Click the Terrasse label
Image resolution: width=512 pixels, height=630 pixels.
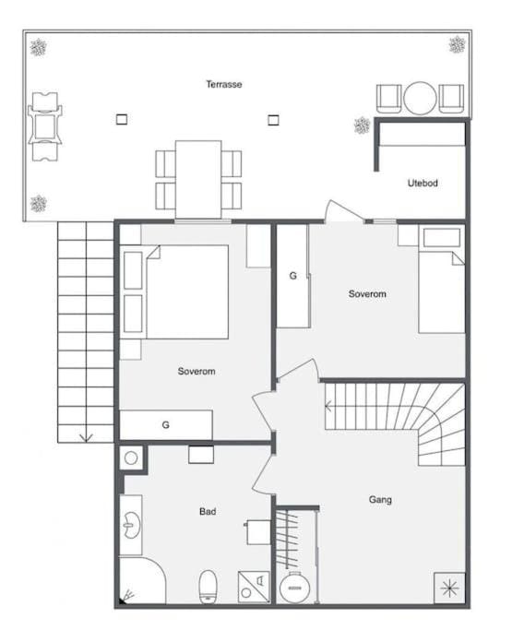click(224, 84)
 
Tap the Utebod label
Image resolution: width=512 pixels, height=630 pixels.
click(423, 183)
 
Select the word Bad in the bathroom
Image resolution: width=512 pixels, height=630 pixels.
click(208, 510)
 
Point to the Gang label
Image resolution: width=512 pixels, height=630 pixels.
click(380, 499)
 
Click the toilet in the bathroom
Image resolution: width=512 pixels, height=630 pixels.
click(208, 584)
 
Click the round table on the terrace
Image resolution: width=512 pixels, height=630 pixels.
click(420, 97)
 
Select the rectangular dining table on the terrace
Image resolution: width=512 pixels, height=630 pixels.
click(198, 177)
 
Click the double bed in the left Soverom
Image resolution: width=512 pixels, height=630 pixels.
click(187, 291)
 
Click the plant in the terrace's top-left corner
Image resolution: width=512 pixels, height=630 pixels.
click(39, 46)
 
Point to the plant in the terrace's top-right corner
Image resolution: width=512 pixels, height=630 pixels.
click(457, 43)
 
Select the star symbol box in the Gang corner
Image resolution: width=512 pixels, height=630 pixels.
click(449, 587)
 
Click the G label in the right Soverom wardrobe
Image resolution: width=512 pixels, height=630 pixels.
click(293, 275)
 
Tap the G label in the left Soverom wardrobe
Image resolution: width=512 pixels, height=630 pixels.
click(166, 425)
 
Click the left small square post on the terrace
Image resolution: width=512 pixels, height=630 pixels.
click(121, 118)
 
